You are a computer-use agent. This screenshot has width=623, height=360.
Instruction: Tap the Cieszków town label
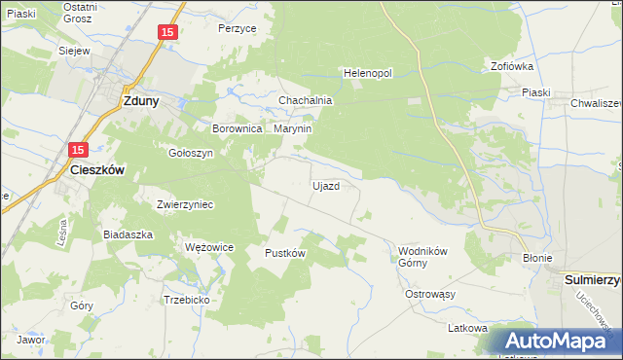tap(100, 168)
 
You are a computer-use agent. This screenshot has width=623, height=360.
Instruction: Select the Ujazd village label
tap(325, 186)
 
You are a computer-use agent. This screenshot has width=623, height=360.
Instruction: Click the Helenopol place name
tap(367, 73)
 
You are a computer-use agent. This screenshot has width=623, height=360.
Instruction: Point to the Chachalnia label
tap(307, 100)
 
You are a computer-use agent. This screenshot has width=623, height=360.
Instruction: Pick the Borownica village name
tap(238, 127)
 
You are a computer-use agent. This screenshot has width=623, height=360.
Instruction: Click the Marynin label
tap(292, 127)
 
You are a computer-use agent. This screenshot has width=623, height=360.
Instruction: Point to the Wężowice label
tap(209, 247)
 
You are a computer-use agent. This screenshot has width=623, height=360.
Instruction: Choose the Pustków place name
tap(286, 253)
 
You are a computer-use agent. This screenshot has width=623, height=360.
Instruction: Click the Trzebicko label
tap(187, 300)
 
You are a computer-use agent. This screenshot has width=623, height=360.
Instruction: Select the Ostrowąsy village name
tap(430, 293)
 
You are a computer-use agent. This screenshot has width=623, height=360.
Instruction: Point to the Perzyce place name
tap(238, 29)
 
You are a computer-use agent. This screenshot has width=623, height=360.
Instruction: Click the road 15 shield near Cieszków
tap(79, 149)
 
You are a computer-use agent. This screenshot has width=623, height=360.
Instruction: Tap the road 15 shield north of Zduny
tap(167, 33)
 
